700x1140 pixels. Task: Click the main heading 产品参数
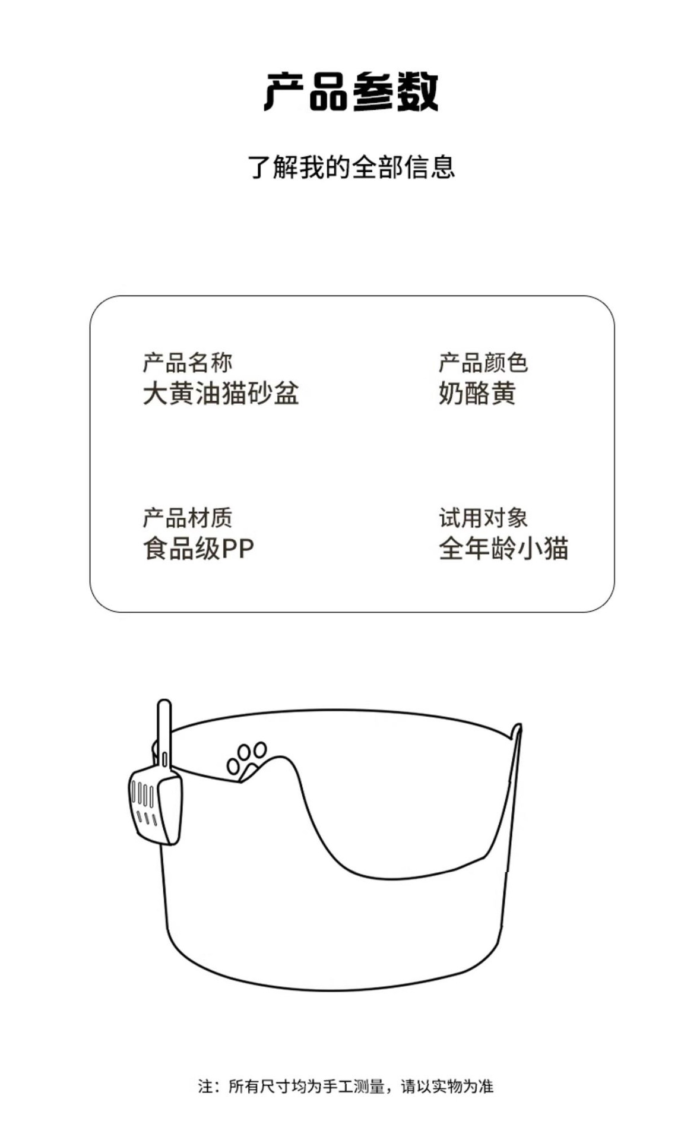(x=351, y=92)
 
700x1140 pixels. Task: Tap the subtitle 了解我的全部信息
(x=351, y=167)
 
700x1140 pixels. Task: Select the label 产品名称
(x=187, y=362)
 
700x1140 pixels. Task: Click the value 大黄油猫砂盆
(x=220, y=393)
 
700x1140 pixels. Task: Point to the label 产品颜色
(x=483, y=362)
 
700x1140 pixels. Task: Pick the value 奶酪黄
(x=477, y=393)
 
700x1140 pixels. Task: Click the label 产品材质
(x=187, y=518)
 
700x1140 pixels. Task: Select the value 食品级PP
(x=198, y=549)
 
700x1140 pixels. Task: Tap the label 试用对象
(x=483, y=518)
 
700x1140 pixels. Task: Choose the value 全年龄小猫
(x=503, y=549)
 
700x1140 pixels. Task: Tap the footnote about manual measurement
(x=346, y=1087)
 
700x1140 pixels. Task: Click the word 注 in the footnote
(x=205, y=1087)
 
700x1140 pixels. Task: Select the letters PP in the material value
(x=237, y=549)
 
